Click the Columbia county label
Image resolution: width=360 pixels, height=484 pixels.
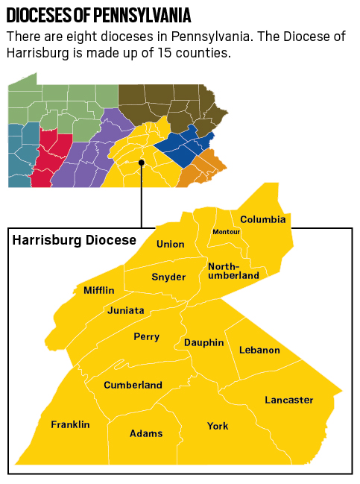(262, 219)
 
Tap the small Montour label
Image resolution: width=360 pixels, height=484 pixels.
(226, 232)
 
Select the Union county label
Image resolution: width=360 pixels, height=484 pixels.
(170, 244)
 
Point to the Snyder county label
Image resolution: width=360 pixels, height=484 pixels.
(168, 277)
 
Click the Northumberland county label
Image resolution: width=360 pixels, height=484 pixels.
(233, 271)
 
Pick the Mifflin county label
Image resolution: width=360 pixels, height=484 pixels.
(98, 289)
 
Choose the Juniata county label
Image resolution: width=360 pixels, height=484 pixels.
(126, 310)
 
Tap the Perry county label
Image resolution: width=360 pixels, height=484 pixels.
(146, 336)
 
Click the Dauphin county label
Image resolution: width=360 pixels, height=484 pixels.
(203, 342)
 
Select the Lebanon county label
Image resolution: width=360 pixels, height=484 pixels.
(259, 350)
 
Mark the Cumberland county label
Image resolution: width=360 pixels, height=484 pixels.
(133, 385)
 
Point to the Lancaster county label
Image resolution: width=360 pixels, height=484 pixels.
(288, 400)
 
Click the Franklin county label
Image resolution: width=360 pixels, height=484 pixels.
(70, 424)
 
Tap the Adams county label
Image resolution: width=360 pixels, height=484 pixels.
(146, 433)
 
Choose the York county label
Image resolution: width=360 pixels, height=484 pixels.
(218, 426)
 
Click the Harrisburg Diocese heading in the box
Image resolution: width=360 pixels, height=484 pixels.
(75, 240)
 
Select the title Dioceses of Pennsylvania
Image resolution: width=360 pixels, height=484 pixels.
(98, 15)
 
